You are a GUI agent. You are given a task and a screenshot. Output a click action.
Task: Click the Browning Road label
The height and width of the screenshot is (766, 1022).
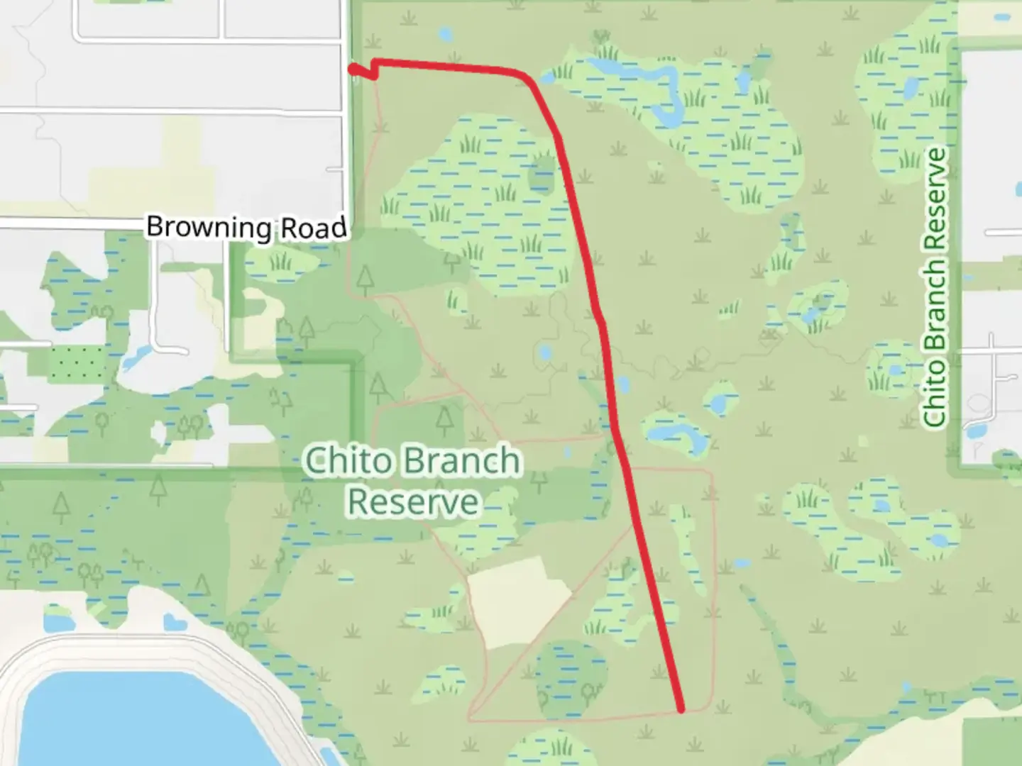(246, 228)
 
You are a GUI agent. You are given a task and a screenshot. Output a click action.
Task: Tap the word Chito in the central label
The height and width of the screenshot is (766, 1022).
(348, 461)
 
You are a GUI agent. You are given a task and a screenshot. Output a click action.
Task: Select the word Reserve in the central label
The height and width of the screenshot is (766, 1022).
(412, 501)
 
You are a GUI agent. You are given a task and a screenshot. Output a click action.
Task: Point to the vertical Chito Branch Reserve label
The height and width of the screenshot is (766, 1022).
(936, 287)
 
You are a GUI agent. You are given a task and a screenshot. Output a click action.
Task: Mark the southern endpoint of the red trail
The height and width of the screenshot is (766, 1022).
(681, 708)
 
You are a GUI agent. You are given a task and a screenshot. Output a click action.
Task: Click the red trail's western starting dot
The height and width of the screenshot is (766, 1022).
(352, 68)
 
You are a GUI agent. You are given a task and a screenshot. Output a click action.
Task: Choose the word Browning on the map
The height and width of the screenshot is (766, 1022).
(209, 228)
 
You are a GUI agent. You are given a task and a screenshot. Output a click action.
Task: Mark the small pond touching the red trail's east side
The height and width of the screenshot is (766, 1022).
(622, 385)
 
